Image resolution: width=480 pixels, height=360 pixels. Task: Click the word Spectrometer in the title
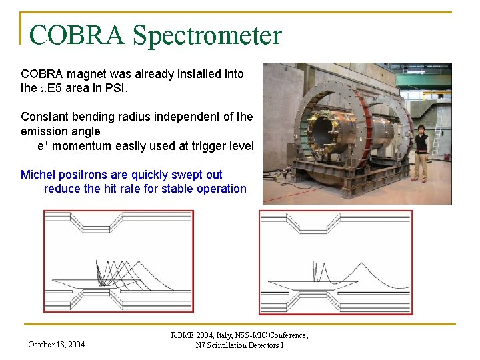207,35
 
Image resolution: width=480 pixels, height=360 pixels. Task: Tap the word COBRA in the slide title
77,35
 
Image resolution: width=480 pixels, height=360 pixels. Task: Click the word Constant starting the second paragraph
44,117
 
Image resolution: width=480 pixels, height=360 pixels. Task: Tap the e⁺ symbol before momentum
42,146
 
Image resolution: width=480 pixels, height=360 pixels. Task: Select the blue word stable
176,189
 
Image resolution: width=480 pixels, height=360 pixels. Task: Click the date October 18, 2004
57,345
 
